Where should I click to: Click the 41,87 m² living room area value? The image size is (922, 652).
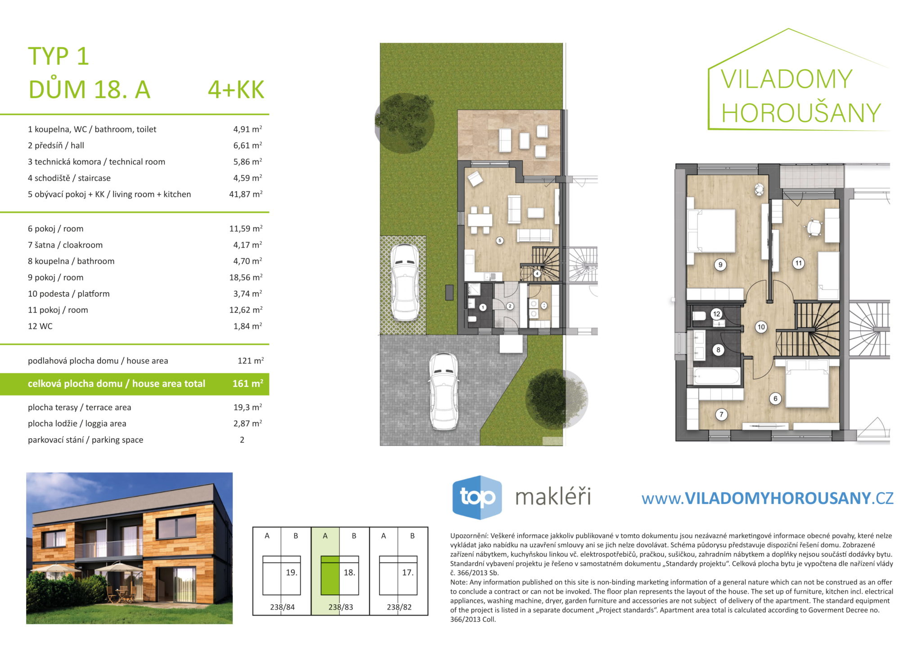(x=246, y=194)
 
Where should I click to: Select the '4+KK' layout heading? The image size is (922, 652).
(x=236, y=90)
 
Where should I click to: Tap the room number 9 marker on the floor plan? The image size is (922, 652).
(x=720, y=265)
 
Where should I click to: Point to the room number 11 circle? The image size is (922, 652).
(x=798, y=263)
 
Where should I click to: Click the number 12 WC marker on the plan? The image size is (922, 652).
(x=716, y=314)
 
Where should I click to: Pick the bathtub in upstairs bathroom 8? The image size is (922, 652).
(x=717, y=376)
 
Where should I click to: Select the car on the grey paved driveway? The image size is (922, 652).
(x=443, y=391)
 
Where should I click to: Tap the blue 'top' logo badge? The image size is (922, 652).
(x=477, y=497)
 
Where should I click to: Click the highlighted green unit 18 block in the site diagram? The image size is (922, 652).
(x=330, y=575)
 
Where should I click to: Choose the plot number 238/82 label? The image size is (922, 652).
(x=399, y=607)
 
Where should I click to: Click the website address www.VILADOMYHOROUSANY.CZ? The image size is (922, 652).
(x=767, y=498)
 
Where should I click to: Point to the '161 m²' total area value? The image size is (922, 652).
(x=248, y=384)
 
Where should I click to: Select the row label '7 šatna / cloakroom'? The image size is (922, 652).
(x=65, y=245)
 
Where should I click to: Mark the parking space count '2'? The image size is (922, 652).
(x=242, y=440)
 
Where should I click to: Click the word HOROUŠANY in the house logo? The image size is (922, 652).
(x=801, y=113)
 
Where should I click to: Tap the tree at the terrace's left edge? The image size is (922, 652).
(x=404, y=122)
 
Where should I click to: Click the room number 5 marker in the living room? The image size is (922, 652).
(x=500, y=240)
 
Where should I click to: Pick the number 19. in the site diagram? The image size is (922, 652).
(x=291, y=573)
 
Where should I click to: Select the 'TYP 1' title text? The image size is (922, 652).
(x=59, y=56)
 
